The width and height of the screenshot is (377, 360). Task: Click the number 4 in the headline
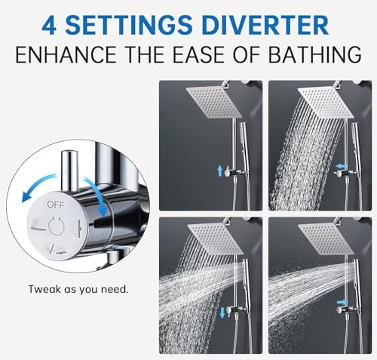click(49, 25)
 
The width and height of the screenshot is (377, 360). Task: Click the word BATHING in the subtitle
click(315, 54)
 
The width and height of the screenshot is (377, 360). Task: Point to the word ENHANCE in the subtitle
click(66, 54)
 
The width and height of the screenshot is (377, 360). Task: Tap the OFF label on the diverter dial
click(56, 205)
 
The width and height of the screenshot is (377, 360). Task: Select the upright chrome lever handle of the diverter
click(69, 171)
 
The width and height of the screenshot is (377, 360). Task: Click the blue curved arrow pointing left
click(38, 183)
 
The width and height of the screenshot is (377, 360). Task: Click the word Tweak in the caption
click(44, 289)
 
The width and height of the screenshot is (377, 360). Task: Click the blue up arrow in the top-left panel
click(219, 171)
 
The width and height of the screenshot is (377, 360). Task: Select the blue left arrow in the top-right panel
click(342, 167)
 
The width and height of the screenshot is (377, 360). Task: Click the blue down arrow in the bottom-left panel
click(222, 313)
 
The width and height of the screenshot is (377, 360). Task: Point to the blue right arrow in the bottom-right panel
click(342, 302)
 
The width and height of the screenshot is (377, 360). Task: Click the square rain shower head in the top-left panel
click(214, 101)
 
